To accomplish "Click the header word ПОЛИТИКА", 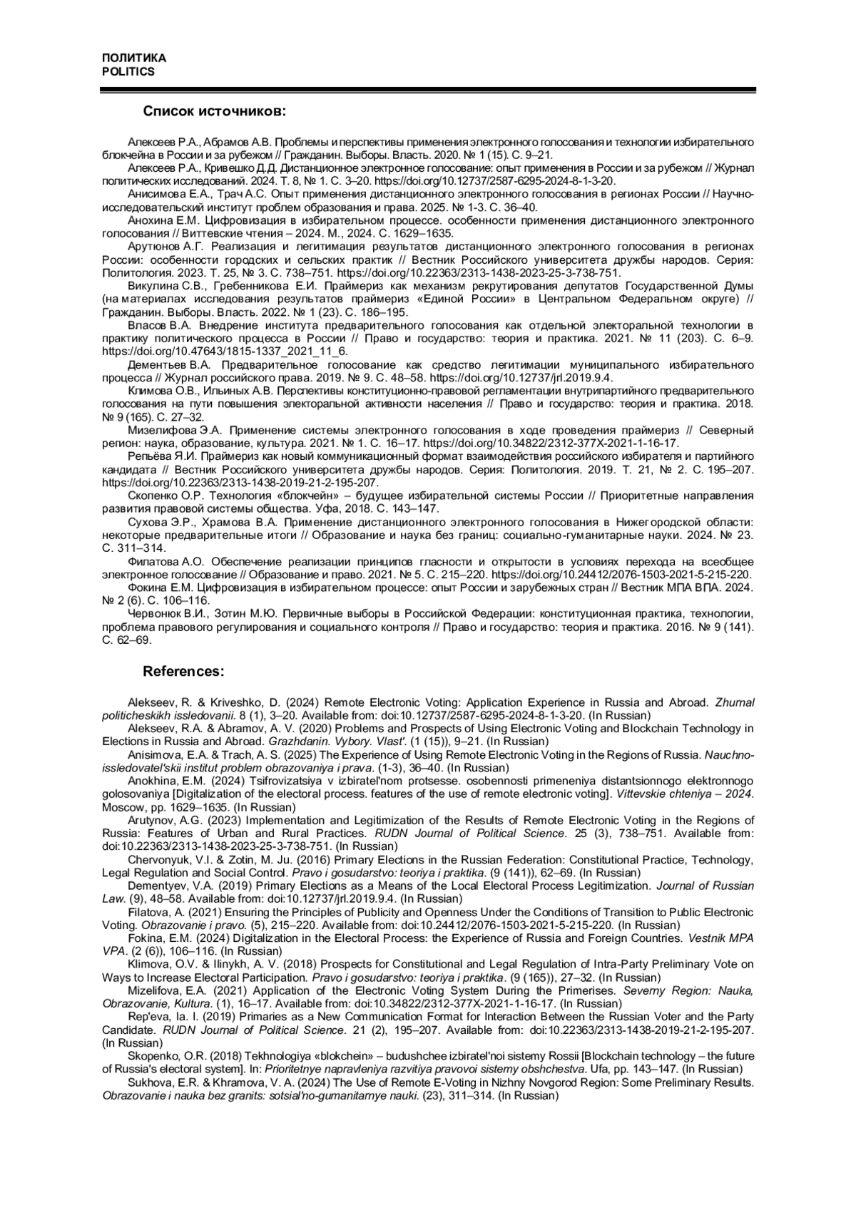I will (133, 58).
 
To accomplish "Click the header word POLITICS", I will (128, 71).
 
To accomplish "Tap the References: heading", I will (184, 672).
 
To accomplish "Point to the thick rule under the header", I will (428, 90).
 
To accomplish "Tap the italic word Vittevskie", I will (643, 794).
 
